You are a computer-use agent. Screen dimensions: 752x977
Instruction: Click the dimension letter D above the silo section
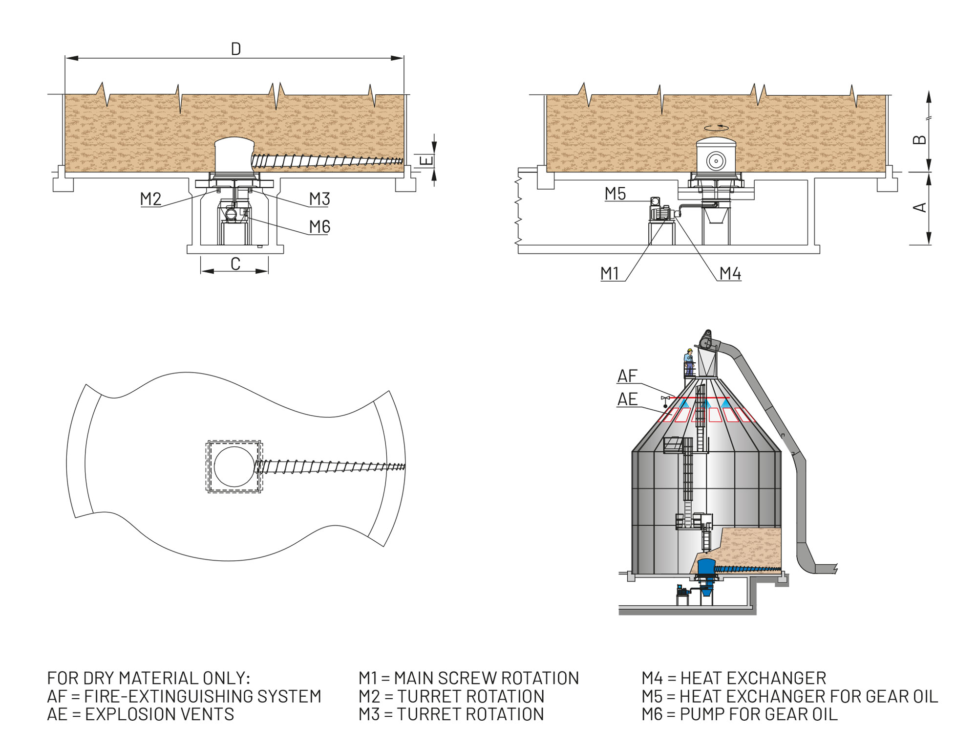tap(236, 49)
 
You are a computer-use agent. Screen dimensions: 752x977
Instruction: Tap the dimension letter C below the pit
tap(235, 264)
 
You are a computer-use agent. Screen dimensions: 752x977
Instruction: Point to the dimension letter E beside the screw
tap(426, 160)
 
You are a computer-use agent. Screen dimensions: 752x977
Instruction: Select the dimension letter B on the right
tap(919, 140)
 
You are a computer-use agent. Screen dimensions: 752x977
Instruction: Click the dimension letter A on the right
tap(919, 207)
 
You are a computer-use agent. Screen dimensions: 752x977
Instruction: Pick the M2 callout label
tap(150, 199)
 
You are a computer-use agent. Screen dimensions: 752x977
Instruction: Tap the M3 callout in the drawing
tap(319, 199)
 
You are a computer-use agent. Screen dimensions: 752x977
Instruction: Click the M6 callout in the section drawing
tap(319, 227)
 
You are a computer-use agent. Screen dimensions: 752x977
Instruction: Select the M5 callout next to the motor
tap(615, 194)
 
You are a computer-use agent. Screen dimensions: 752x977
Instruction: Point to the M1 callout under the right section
tap(610, 273)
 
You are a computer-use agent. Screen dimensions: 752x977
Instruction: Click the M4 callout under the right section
tap(730, 274)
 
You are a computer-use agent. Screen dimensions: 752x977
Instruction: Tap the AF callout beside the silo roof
tap(627, 376)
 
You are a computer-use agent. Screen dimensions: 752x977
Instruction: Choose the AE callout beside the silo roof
tap(627, 399)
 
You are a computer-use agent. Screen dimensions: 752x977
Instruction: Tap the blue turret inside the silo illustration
tap(705, 567)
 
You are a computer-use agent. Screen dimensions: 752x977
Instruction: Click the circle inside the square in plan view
tap(234, 466)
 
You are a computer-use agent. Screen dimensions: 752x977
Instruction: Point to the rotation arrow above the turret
tap(716, 128)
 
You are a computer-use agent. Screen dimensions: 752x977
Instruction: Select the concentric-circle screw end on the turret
tap(716, 160)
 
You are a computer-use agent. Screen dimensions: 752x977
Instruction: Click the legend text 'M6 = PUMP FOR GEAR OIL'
tap(740, 714)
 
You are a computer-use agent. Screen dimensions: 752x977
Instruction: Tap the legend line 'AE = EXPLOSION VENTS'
tap(141, 714)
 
